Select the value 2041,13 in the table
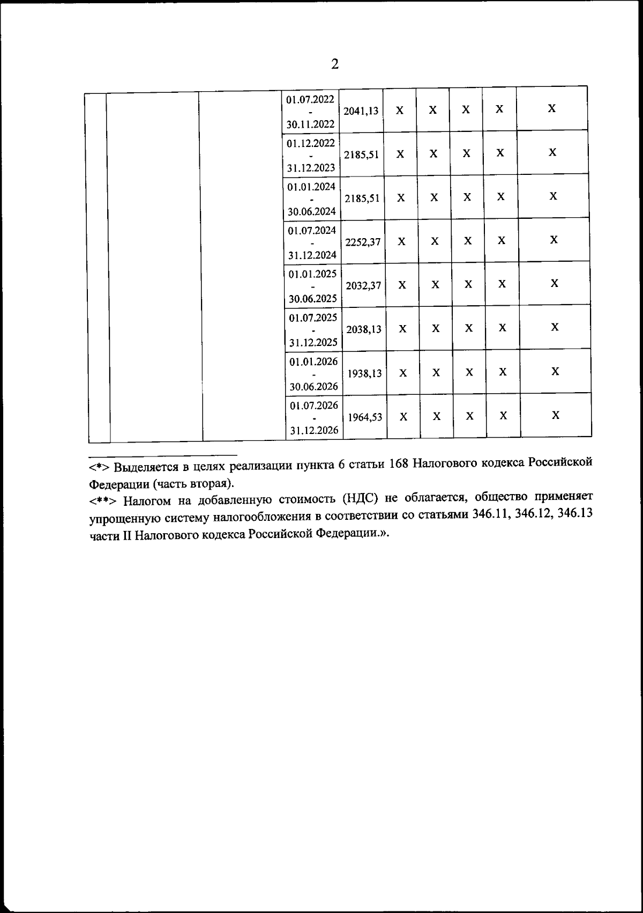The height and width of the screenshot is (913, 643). [361, 111]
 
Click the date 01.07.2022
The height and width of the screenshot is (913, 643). [310, 100]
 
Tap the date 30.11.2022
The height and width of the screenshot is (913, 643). [310, 124]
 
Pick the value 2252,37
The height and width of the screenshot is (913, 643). [363, 242]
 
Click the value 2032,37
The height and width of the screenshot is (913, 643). [363, 285]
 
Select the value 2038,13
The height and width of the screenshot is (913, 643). [364, 329]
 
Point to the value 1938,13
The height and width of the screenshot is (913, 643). [364, 373]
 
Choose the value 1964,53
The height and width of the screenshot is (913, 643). [365, 417]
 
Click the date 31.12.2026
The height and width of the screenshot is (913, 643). [314, 430]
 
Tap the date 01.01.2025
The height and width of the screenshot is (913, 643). [313, 274]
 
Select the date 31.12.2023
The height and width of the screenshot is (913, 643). [311, 168]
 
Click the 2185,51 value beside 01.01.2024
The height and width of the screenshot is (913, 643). [362, 198]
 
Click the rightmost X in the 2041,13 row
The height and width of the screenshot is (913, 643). [551, 109]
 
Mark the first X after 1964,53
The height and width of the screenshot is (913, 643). [404, 416]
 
